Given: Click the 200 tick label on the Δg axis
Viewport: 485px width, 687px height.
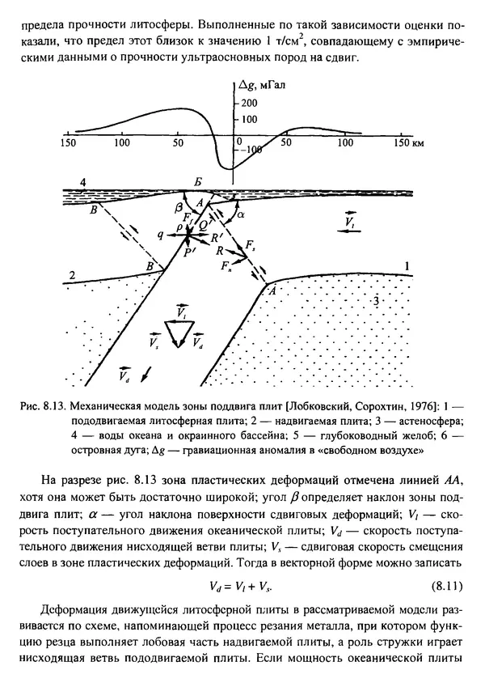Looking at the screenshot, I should click(x=250, y=103).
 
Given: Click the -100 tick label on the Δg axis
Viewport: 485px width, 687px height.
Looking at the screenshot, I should click(x=251, y=150).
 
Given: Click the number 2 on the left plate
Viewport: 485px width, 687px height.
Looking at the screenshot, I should click(x=74, y=277).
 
